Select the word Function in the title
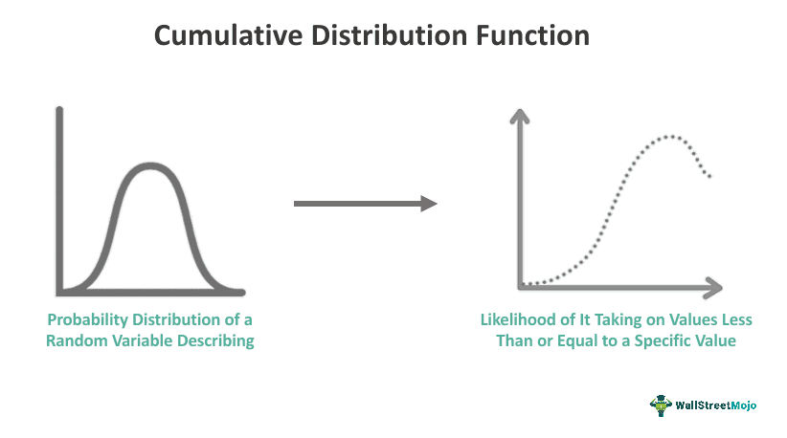click(532, 35)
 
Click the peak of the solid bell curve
click(150, 165)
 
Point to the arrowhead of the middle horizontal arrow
click(429, 204)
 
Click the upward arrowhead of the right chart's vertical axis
click(520, 116)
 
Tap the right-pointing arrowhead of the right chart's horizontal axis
click(713, 288)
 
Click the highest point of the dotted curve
click(670, 137)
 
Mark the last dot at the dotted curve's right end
click(709, 176)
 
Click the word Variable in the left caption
click(142, 340)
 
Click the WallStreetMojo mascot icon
click(661, 405)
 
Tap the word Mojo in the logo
click(743, 405)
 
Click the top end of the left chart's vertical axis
click(59, 109)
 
